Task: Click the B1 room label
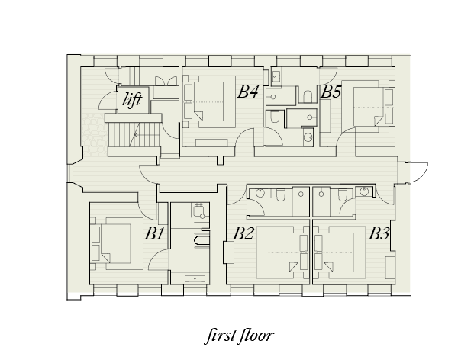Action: click(154, 233)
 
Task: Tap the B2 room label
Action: click(243, 233)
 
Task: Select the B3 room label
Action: click(379, 233)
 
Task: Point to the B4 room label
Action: click(248, 92)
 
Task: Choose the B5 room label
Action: click(331, 92)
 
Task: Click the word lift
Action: click(132, 99)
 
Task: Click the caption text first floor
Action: click(240, 336)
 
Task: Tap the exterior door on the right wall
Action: click(419, 172)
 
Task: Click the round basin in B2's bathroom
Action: click(260, 192)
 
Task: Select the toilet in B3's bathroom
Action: click(342, 194)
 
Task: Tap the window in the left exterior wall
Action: click(69, 173)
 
